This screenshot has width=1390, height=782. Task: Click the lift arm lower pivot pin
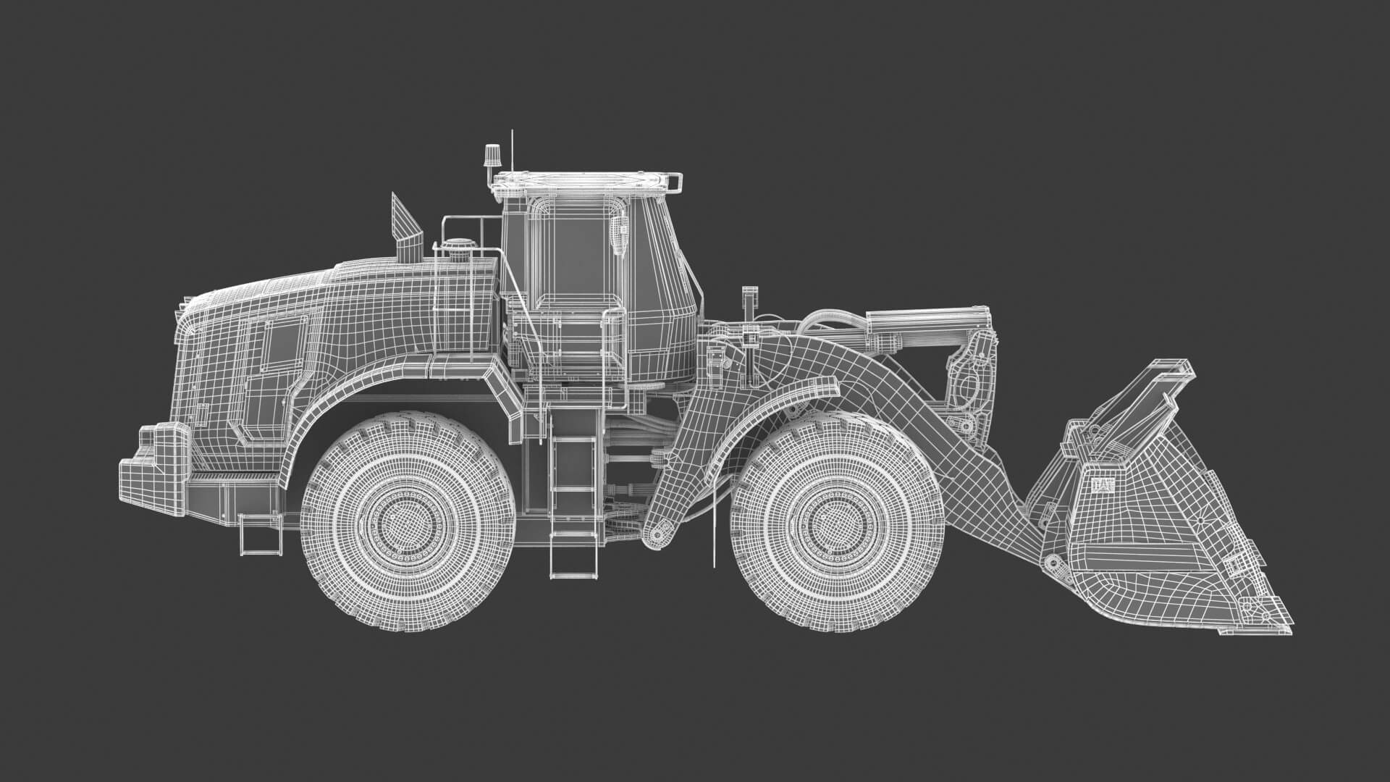click(x=657, y=534)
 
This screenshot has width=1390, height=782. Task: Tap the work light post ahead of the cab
click(x=749, y=304)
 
